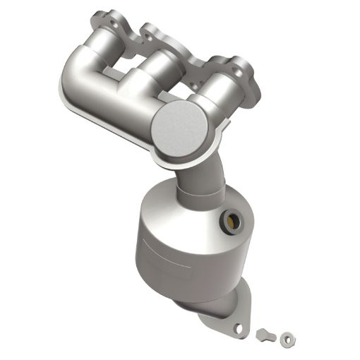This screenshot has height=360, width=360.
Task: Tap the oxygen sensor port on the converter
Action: (x=232, y=220)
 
